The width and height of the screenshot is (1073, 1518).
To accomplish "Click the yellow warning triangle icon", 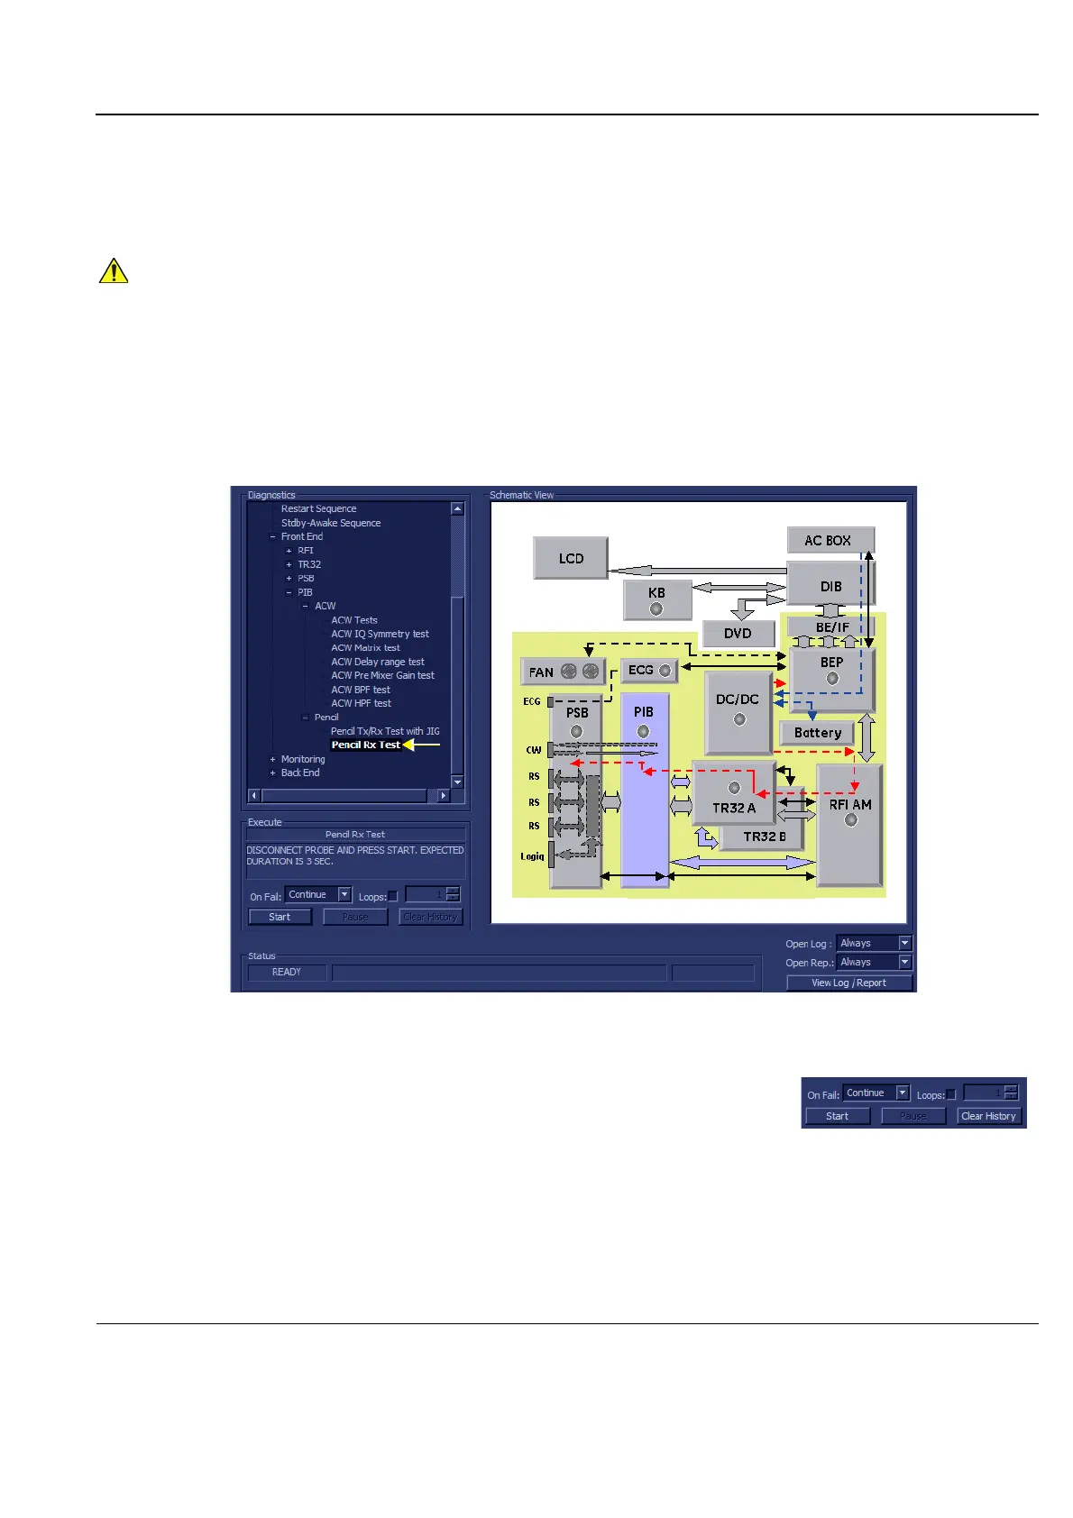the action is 114,270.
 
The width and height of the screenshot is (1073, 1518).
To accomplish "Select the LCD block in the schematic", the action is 571,558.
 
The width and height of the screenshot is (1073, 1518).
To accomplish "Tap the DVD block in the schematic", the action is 738,633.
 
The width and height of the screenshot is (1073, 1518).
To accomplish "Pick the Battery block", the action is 817,733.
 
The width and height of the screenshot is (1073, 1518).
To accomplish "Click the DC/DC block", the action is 738,711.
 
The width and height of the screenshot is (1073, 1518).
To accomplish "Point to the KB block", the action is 656,599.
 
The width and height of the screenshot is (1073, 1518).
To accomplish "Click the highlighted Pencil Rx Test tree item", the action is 365,745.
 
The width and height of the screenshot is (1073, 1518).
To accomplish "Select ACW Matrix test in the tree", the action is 365,647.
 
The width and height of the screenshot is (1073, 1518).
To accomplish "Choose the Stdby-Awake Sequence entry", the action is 330,523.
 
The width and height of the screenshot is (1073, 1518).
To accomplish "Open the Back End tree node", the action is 299,773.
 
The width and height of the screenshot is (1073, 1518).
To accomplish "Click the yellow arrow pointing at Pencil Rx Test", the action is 421,745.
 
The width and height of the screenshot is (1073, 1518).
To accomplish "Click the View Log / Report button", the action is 848,983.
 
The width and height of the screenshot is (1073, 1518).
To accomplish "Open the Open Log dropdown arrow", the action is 905,943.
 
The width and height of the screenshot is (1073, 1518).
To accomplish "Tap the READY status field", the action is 286,972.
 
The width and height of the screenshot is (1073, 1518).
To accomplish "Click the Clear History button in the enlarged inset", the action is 988,1116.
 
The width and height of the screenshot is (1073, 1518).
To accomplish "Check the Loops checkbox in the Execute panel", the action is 392,896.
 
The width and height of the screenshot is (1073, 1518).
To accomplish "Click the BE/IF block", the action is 831,626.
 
